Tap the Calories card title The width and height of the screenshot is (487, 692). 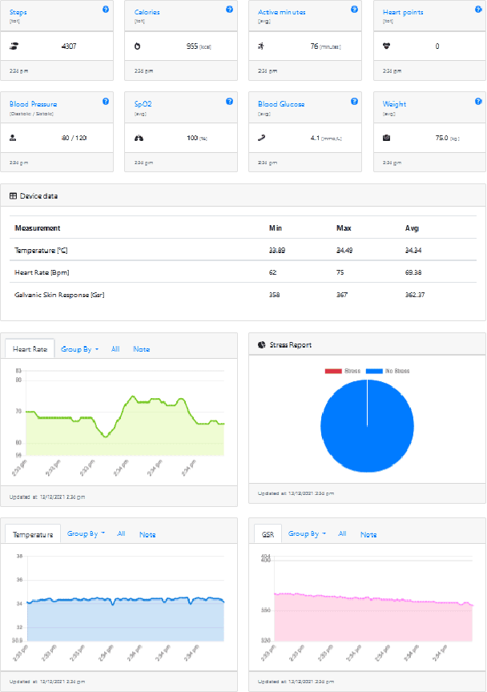coord(146,13)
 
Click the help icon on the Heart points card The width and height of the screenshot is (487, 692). coord(478,10)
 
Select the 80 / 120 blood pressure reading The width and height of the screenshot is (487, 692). coord(74,138)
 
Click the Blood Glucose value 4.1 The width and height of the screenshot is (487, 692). coord(316,138)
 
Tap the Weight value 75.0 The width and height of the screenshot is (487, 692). coord(441,138)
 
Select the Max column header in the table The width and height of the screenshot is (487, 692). coord(344,228)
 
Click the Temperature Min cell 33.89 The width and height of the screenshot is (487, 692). coord(277,251)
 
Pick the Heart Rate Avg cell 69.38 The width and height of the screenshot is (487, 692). coord(414,273)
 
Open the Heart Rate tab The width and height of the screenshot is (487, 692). coord(30,349)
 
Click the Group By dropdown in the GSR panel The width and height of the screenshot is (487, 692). coord(307,533)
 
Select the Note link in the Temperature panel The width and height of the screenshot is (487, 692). coord(147,534)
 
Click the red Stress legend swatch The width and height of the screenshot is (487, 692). coord(332,372)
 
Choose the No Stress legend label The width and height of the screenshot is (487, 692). coord(398,372)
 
